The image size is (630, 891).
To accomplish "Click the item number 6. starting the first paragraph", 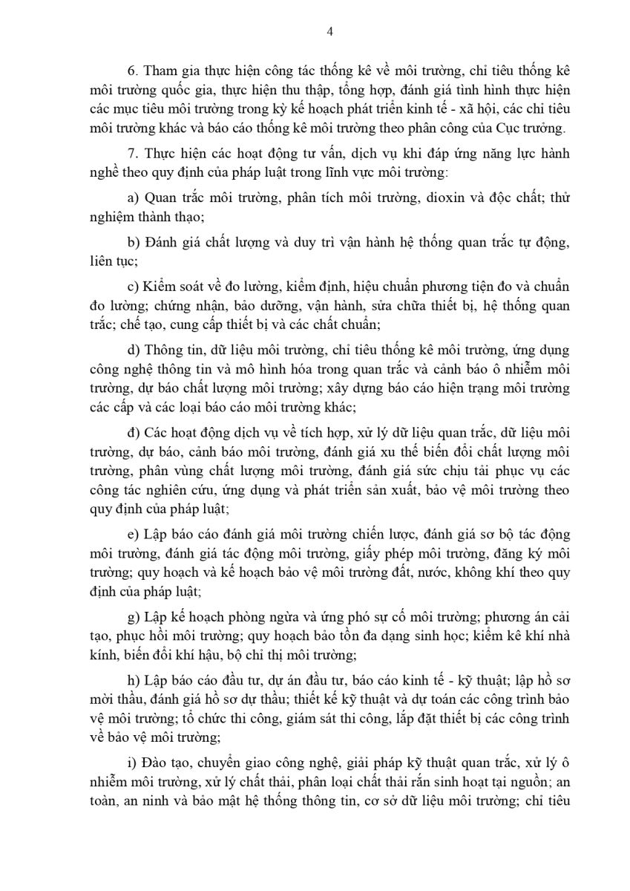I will (133, 71).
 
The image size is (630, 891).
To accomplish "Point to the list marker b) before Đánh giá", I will (134, 243).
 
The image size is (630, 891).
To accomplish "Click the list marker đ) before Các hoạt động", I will (134, 433).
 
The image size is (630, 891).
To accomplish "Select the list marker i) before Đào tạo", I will (133, 765).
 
